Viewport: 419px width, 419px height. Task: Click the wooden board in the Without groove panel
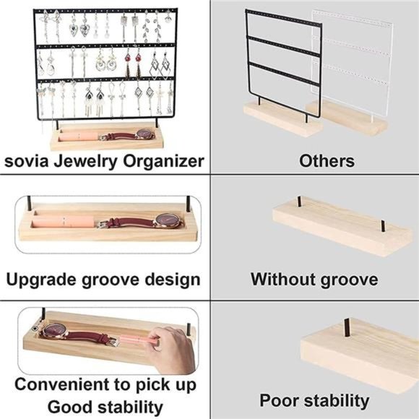pos(329,226)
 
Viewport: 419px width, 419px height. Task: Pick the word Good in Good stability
pos(69,405)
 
